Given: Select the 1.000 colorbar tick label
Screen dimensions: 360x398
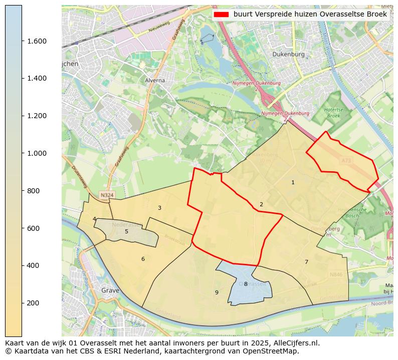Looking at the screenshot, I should click(x=37, y=153).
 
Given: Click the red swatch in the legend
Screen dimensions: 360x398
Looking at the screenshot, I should click(x=221, y=15).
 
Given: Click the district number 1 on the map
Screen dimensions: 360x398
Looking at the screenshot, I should click(x=293, y=183).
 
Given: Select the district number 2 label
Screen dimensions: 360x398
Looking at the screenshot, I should click(x=261, y=204).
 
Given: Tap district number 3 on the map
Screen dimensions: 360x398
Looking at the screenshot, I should click(x=159, y=208).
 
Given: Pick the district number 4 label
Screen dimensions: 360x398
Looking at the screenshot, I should click(x=94, y=219).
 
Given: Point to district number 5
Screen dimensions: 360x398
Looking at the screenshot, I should click(x=126, y=231).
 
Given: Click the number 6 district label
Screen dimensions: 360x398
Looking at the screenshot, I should click(x=143, y=259).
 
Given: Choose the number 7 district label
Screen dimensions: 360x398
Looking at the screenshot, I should click(x=306, y=262).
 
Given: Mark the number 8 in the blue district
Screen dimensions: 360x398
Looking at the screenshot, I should click(x=246, y=284).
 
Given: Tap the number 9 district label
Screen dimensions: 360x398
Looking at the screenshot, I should click(x=217, y=292).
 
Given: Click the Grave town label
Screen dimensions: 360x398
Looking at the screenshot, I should click(x=110, y=290).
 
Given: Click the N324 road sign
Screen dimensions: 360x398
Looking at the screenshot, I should click(x=106, y=195).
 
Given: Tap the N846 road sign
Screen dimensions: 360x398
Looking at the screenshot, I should click(x=336, y=274).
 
